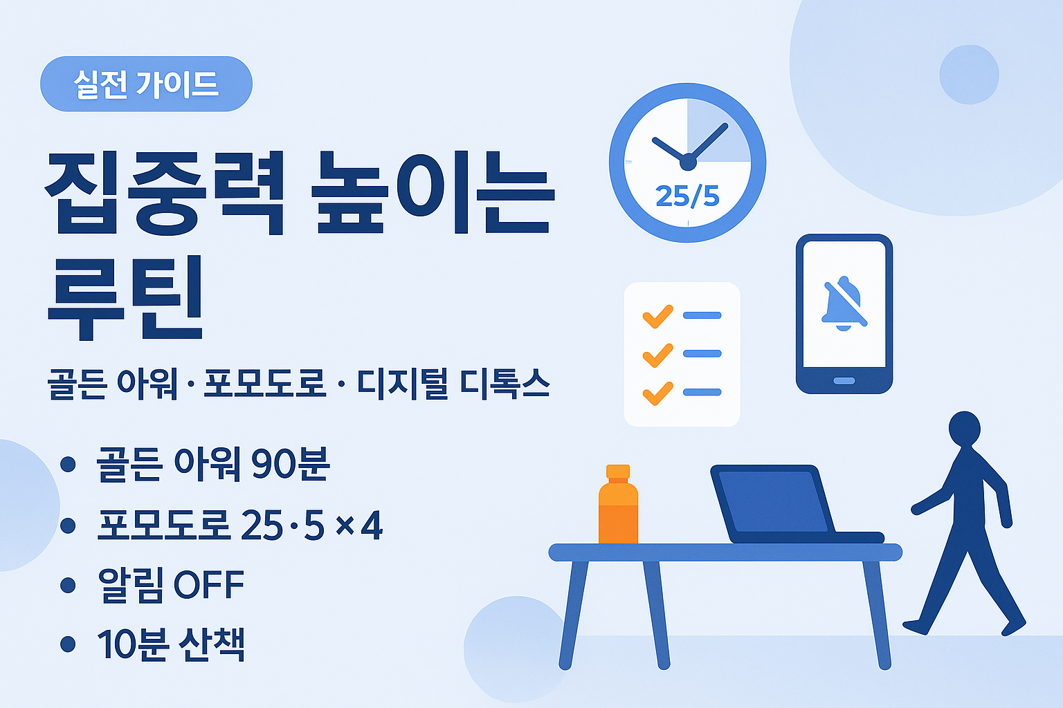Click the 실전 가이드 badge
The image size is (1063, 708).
click(x=146, y=84)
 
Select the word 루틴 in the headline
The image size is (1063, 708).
click(x=125, y=298)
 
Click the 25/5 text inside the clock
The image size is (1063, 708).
click(x=687, y=197)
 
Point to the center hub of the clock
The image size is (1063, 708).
click(x=688, y=162)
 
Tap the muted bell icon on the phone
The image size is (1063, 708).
click(x=844, y=304)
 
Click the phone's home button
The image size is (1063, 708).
click(x=844, y=381)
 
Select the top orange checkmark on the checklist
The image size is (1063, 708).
click(x=657, y=315)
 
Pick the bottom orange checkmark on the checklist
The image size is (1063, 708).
click(x=657, y=393)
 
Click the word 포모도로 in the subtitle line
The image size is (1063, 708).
click(x=264, y=384)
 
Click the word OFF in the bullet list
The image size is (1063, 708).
click(x=208, y=586)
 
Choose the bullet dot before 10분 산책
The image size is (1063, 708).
click(x=68, y=644)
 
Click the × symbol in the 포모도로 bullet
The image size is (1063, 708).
click(x=345, y=527)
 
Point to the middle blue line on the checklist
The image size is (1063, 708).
click(x=702, y=354)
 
